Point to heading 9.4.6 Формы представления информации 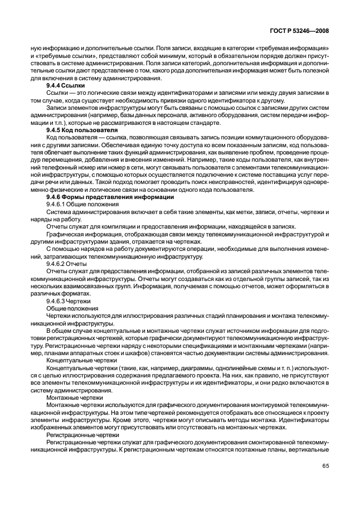pyautogui.click(x=110, y=197)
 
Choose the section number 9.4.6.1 pyautogui.click(x=57, y=205)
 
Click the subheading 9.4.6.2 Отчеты pyautogui.click(x=67, y=262)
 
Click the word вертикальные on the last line pyautogui.click(x=310, y=449)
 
